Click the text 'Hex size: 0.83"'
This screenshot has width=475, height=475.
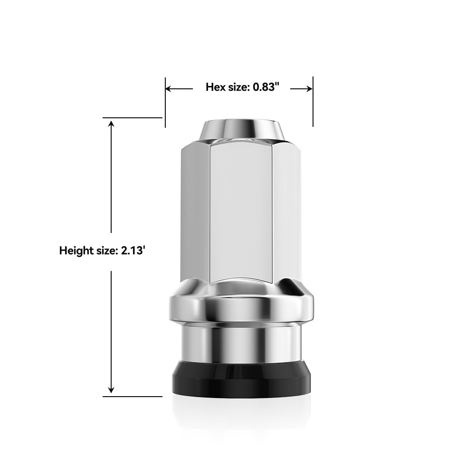point(242,87)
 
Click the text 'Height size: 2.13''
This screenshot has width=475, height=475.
point(102,251)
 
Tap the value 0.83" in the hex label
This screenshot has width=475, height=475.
point(266,87)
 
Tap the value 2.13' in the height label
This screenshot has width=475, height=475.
point(133,251)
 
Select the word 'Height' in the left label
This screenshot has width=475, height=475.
point(75,251)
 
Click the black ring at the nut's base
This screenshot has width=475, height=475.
point(241,380)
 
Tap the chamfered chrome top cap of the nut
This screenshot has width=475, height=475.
point(241,129)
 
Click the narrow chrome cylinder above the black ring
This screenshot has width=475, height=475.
point(241,342)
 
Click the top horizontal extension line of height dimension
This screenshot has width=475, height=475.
point(133,117)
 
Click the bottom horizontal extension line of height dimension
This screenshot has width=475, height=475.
point(133,397)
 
